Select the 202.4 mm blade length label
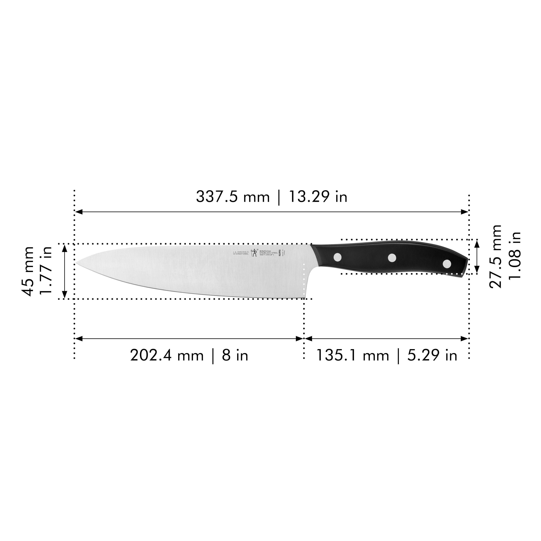(167, 356)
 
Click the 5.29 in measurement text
(432, 356)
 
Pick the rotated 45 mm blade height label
(28, 271)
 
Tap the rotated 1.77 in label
(46, 271)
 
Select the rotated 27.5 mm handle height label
(495, 256)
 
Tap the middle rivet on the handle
(392, 258)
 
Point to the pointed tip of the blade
(76, 263)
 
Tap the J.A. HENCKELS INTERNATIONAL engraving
(241, 253)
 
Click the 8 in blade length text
(235, 356)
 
